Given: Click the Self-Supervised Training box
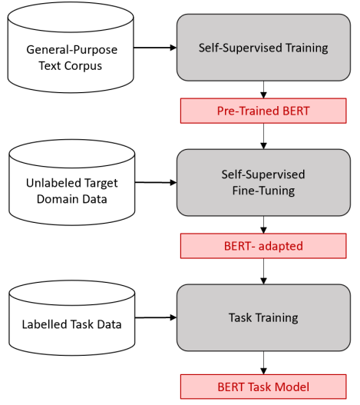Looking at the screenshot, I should coord(263,48).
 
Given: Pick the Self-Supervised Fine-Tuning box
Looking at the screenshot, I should coord(263,182).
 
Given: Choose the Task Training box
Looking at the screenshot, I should coord(263,317).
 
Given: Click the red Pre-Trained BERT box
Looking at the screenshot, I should coord(263,111).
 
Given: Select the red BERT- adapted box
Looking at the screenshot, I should coord(263,246).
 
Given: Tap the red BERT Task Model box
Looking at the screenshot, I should coord(263,386).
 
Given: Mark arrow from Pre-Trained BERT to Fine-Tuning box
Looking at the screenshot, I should coord(263,136).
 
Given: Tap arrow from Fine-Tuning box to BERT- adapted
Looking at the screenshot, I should coord(263,224).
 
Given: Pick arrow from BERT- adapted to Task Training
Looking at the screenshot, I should coord(263,271).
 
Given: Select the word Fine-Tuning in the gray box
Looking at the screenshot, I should coord(263,190).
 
